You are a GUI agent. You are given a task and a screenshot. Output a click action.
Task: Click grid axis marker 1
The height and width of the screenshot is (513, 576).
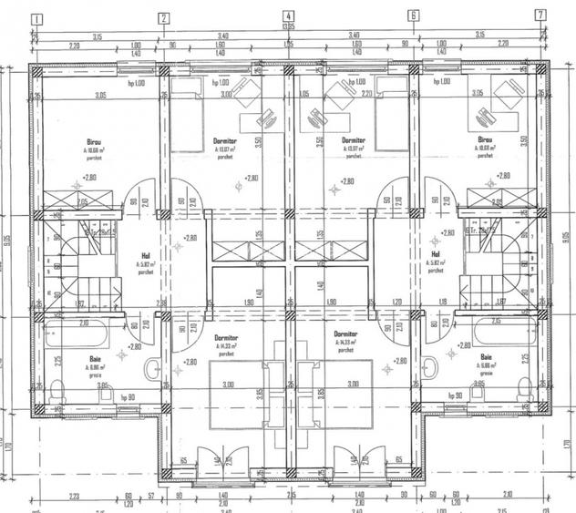[37, 16]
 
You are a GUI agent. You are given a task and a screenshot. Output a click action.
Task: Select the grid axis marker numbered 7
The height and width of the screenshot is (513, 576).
[540, 15]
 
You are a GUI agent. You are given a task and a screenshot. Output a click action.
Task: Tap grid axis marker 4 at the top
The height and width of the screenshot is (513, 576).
[288, 15]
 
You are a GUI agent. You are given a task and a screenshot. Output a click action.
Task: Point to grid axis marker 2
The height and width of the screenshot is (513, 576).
[163, 16]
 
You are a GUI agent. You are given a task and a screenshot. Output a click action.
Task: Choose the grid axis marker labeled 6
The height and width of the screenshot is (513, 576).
[413, 15]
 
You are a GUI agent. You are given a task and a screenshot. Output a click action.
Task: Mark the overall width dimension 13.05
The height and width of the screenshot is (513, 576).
[288, 27]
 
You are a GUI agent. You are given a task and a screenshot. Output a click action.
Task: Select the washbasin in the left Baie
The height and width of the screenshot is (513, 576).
[151, 370]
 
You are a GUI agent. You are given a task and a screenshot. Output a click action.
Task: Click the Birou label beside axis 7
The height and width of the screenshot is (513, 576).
[484, 142]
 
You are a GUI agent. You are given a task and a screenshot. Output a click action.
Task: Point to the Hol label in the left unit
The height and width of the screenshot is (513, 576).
[146, 256]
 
